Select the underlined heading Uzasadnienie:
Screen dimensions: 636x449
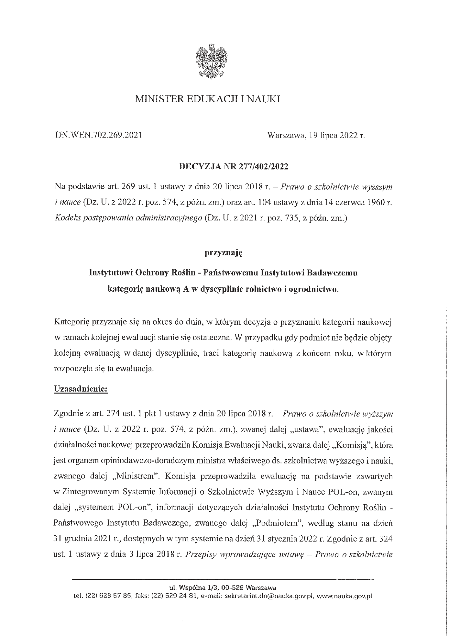click(x=80, y=388)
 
